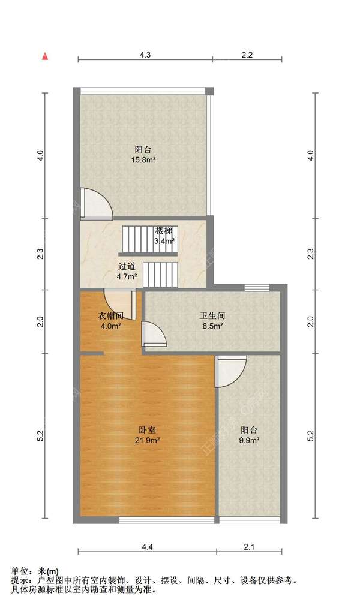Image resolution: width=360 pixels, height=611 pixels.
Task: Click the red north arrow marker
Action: [45, 56]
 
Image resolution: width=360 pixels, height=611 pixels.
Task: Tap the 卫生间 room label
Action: [212, 316]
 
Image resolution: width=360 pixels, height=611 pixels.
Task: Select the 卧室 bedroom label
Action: [148, 430]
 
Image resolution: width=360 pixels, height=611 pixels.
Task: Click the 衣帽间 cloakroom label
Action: [110, 316]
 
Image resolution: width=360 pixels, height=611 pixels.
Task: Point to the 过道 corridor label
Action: [127, 267]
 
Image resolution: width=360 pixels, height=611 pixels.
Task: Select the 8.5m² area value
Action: [213, 326]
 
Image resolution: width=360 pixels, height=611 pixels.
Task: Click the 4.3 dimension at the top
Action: [145, 55]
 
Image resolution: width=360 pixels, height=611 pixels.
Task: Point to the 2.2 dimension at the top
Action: [247, 55]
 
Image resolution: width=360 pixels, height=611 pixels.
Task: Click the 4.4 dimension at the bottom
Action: [147, 547]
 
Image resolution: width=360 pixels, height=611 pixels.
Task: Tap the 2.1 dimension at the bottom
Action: [249, 547]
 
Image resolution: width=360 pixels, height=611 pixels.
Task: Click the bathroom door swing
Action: [154, 333]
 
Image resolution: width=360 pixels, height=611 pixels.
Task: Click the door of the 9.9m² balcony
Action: [231, 371]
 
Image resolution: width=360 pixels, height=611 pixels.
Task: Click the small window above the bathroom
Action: [257, 288]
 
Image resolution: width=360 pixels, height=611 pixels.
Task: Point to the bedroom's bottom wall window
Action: [166, 520]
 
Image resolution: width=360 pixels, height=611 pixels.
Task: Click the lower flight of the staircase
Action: [160, 275]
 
